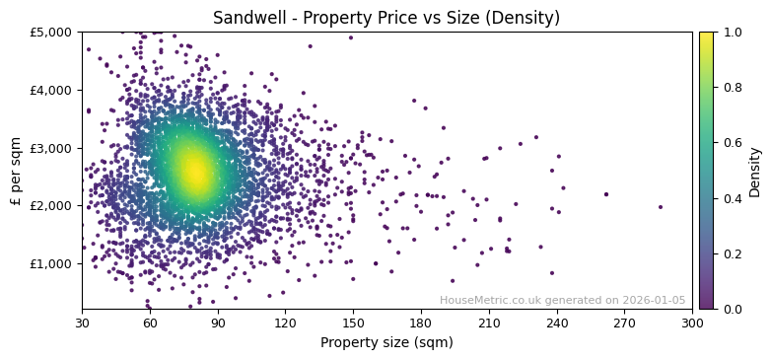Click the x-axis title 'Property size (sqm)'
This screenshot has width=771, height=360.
coord(386,343)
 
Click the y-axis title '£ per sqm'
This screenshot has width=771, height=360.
coord(16,171)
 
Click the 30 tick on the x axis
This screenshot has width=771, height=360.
coord(82,323)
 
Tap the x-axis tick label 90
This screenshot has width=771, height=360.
coord(218,323)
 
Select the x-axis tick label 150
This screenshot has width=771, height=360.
coord(353,323)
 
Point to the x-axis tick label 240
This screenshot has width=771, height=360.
coord(557,323)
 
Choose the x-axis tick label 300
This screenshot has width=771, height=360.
coord(692,323)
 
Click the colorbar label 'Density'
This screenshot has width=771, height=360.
coord(755,171)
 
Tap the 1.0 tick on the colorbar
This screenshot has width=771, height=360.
coord(732,32)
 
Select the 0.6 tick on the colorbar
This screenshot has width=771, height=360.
coord(732,143)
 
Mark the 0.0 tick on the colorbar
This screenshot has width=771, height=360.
coord(732,309)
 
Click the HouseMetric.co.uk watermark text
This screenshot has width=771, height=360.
coord(562,300)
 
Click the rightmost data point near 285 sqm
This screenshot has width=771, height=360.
coord(661,207)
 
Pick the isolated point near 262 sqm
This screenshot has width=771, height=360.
coord(606,194)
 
